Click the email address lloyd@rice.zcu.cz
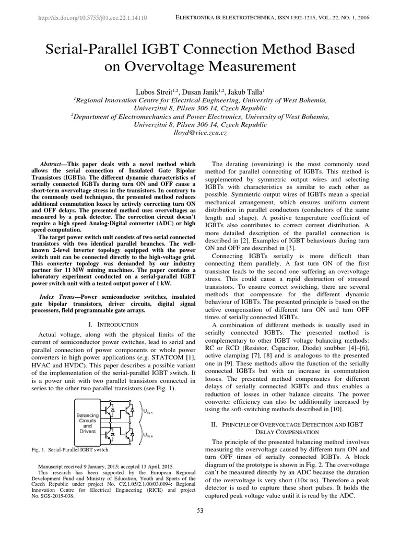pyautogui.click(x=200, y=134)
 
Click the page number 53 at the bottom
pyautogui.click(x=200, y=510)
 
